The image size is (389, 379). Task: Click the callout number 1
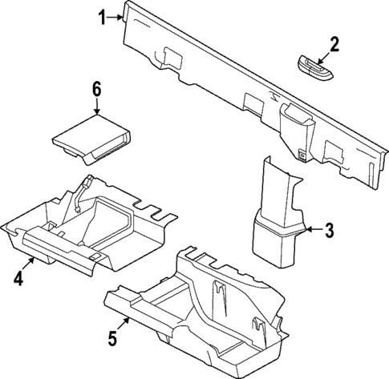pos(102,15)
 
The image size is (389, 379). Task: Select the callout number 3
pos(328,231)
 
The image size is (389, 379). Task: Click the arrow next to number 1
pos(117,16)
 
